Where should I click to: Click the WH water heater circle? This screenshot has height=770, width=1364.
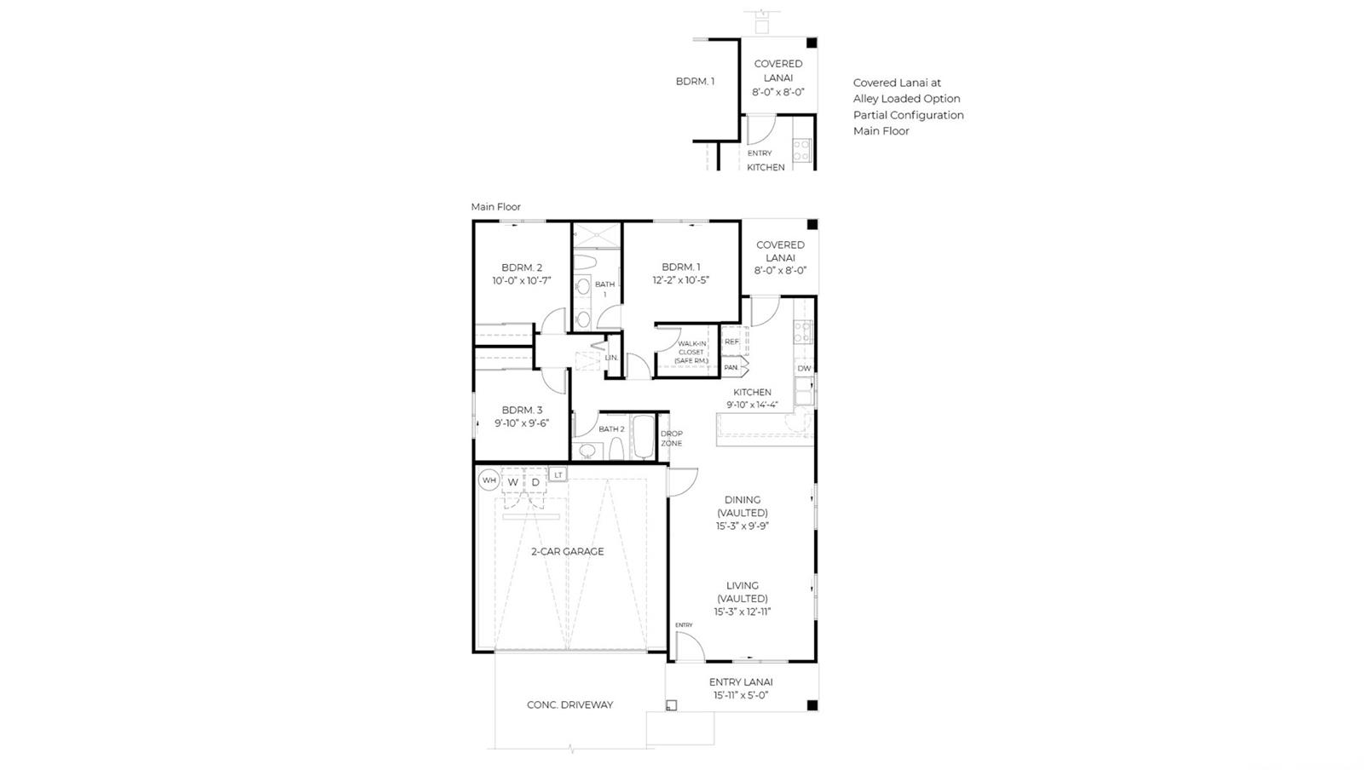point(489,480)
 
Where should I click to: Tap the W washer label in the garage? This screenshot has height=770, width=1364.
point(512,482)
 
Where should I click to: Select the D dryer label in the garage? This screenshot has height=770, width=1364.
point(535,482)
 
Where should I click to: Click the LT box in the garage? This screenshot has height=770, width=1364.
point(558,474)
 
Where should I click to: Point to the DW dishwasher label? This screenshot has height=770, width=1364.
point(804,368)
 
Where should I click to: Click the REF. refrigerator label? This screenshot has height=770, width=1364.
point(732,342)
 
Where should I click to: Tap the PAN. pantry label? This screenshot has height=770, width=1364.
point(731,367)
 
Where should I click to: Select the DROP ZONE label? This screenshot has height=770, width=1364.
point(672,439)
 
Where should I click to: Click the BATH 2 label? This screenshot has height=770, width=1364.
point(611,428)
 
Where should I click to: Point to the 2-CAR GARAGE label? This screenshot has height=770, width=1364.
point(568,552)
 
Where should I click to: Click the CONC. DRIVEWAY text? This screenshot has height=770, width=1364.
point(570,705)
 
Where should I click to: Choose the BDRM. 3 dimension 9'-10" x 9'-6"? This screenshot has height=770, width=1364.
point(522,423)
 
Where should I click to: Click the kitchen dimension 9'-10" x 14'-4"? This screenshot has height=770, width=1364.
point(752,405)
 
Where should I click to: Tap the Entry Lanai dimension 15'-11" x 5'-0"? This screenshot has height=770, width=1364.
point(741,695)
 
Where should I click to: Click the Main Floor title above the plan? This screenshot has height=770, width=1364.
point(495,207)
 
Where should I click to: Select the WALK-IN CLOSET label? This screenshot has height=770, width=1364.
point(691,348)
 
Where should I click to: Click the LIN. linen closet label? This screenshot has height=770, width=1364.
point(611,358)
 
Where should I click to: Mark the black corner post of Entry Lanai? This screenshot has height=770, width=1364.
point(812,705)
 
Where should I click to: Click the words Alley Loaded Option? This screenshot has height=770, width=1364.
point(907,99)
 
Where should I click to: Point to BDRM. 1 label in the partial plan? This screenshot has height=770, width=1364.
point(695,82)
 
